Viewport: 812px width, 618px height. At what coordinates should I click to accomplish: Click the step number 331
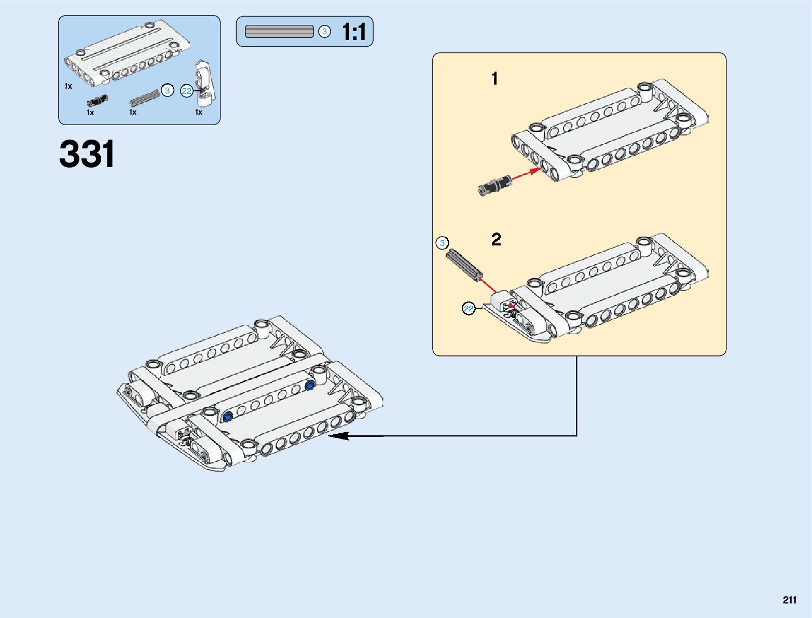tap(87, 154)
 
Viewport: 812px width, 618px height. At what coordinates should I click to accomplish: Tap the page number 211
tap(789, 600)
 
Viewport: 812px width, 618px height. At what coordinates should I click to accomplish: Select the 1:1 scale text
tap(354, 32)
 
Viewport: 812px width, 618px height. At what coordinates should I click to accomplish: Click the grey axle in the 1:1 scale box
tap(279, 32)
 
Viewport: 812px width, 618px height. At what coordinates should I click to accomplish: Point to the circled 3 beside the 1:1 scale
tap(324, 32)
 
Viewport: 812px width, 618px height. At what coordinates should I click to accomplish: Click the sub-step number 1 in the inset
tap(494, 79)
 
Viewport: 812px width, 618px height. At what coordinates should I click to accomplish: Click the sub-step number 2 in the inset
tap(496, 240)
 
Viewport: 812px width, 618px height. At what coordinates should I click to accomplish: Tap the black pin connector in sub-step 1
tap(494, 185)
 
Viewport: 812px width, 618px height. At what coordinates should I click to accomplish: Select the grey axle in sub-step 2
tap(464, 265)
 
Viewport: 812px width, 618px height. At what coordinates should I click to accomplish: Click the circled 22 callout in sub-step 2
tap(469, 309)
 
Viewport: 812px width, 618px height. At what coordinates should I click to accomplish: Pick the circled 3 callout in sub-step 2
tap(442, 243)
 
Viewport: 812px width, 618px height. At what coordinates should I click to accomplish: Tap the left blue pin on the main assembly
tap(227, 417)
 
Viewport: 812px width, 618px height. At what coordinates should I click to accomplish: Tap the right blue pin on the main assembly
tap(310, 384)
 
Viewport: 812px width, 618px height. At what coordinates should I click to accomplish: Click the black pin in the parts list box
tap(97, 100)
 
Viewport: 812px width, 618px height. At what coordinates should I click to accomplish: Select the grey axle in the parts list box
tap(144, 97)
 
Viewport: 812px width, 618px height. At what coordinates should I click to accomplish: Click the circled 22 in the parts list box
tap(187, 91)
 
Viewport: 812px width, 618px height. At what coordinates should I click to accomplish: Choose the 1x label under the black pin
tap(90, 113)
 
